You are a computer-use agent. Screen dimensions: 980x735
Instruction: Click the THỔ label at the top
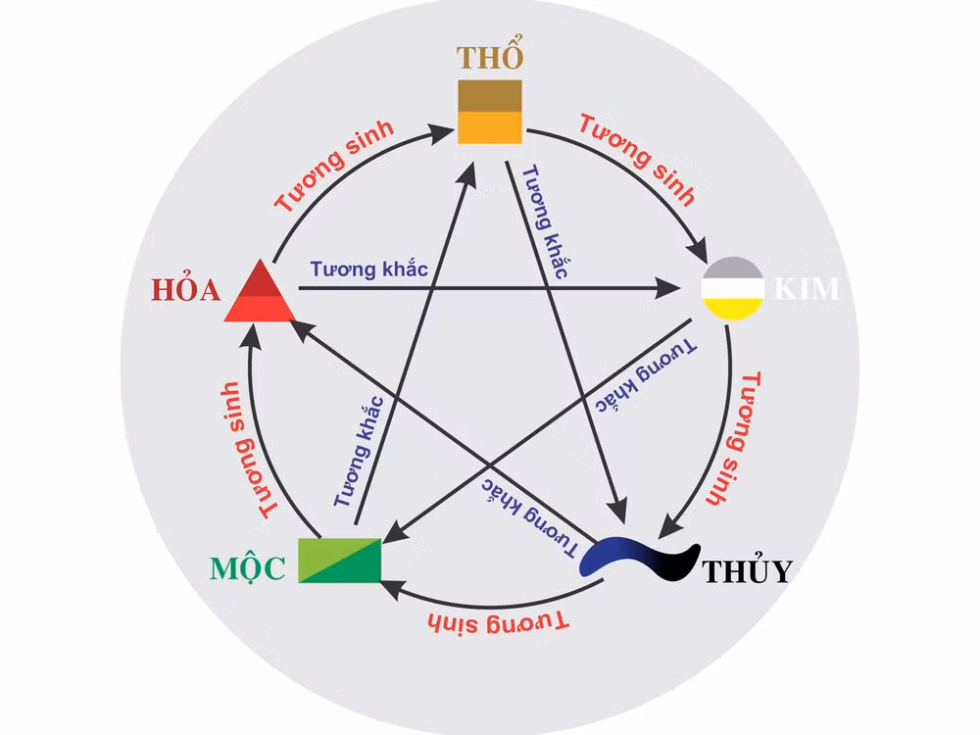(x=490, y=56)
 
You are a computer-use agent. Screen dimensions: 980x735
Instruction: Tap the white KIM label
(x=807, y=289)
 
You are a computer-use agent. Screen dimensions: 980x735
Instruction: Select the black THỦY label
(x=748, y=569)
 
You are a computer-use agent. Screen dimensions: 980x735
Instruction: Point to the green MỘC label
(x=248, y=568)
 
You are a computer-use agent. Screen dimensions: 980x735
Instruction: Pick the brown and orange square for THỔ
(x=490, y=112)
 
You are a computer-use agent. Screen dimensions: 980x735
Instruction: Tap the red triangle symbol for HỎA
(x=260, y=291)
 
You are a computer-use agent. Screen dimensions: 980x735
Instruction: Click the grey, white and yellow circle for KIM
(x=733, y=288)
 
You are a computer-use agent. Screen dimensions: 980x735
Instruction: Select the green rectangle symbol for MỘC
(x=339, y=560)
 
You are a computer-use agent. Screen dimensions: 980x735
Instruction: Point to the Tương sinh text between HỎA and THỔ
(x=334, y=165)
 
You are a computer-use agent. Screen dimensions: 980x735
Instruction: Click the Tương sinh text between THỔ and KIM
(x=637, y=159)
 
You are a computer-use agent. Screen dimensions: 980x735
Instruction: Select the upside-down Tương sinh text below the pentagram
(x=498, y=622)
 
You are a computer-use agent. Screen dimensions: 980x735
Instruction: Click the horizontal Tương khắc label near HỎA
(x=368, y=269)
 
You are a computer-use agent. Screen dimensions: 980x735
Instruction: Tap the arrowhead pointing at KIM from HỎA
(x=667, y=289)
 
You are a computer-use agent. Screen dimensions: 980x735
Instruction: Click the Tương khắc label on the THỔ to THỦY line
(x=545, y=221)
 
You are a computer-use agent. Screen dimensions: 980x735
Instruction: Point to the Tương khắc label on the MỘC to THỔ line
(x=358, y=451)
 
